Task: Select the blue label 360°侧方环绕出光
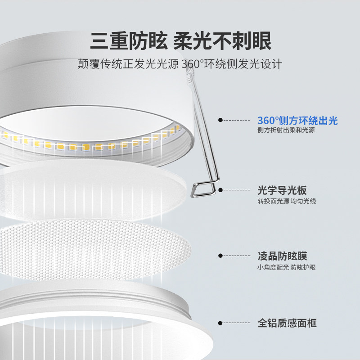tap(297, 120)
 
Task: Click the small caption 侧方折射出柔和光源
tap(286, 130)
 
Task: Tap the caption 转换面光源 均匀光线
tap(287, 201)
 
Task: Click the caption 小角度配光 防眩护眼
tap(287, 267)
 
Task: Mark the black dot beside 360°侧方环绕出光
tap(220, 120)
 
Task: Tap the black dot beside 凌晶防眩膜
tap(220, 256)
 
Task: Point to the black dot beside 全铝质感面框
tap(220, 323)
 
